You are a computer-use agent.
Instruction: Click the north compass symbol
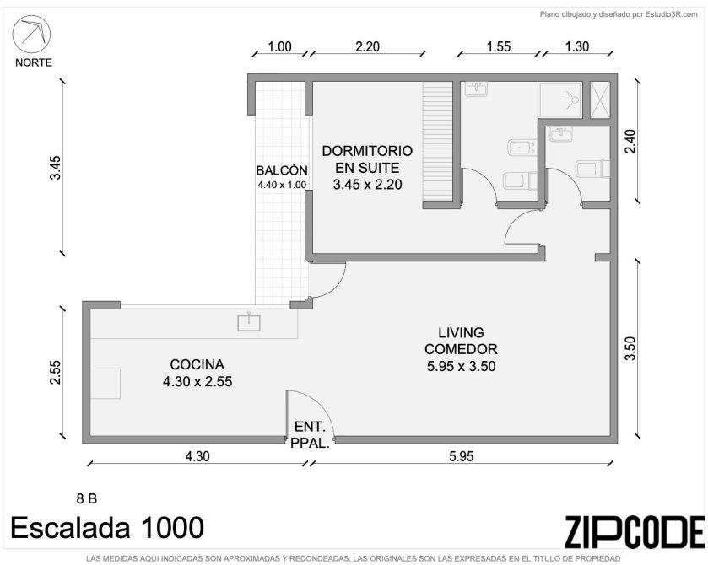(x=31, y=35)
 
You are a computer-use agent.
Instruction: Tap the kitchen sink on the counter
(x=249, y=322)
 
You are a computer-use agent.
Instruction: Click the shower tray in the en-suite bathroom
(x=559, y=100)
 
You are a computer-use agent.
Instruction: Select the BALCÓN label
(x=282, y=170)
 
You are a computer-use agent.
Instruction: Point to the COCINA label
(x=197, y=364)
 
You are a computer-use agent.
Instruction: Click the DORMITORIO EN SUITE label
(x=367, y=159)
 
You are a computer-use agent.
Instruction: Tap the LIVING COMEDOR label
(x=461, y=341)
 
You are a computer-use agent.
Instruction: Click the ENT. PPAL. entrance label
(x=310, y=434)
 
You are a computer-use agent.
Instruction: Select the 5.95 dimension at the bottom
(x=461, y=456)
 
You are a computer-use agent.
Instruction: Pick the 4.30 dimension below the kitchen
(x=197, y=456)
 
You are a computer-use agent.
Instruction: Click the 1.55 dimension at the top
(x=499, y=46)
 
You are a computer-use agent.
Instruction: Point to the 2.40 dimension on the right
(x=630, y=142)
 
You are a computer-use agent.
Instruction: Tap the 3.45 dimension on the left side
(x=55, y=168)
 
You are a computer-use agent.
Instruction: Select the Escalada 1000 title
(x=107, y=527)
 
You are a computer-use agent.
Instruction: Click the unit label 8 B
(x=87, y=498)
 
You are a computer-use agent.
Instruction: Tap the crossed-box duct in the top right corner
(x=600, y=100)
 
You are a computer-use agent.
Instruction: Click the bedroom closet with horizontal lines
(x=437, y=142)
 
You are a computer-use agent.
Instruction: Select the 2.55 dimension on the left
(x=55, y=372)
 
